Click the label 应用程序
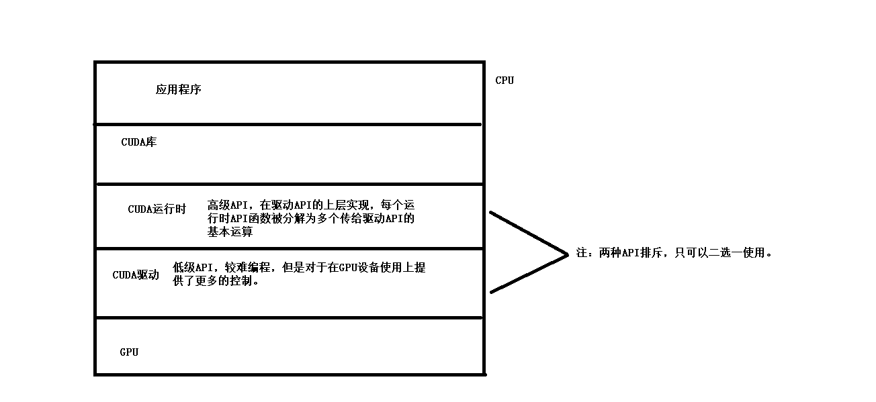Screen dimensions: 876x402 coord(179,89)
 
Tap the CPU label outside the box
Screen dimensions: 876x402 coord(505,81)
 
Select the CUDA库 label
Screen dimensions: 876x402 coord(138,142)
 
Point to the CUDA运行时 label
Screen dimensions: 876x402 coord(157,209)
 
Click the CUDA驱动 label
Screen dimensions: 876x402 coord(136,275)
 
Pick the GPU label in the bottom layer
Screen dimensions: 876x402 coord(129,352)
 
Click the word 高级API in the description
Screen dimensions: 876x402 coord(228,205)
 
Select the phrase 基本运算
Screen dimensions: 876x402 coord(230,232)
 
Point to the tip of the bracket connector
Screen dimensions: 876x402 coord(568,254)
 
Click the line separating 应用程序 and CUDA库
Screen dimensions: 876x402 coord(289,124)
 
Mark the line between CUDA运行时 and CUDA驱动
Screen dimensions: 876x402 coord(289,249)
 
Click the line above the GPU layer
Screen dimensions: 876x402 coord(289,317)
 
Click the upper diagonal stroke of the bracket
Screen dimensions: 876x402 coord(529,233)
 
